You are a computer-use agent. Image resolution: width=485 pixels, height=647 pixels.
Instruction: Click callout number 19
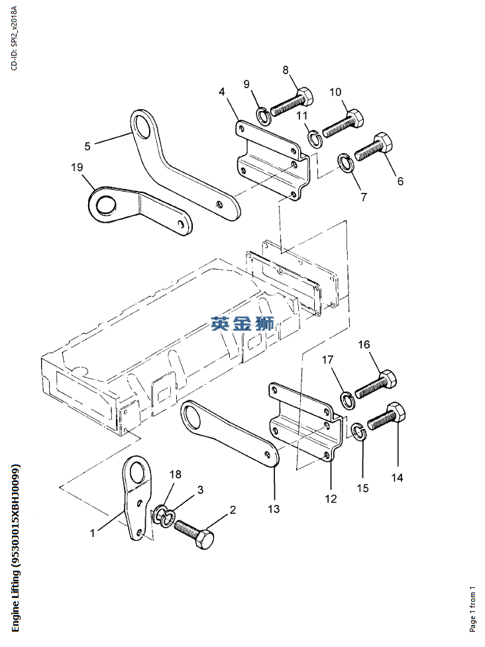tap(77, 167)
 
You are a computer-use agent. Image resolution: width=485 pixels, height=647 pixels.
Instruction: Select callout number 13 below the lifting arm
tap(274, 508)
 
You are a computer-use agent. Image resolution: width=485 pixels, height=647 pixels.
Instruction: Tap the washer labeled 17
tap(347, 398)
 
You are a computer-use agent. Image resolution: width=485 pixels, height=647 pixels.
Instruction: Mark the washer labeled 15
tap(358, 432)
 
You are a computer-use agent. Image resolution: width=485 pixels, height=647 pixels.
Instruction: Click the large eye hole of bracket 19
tap(105, 204)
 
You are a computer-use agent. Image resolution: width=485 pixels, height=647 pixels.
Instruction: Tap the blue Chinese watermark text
tap(242, 323)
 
